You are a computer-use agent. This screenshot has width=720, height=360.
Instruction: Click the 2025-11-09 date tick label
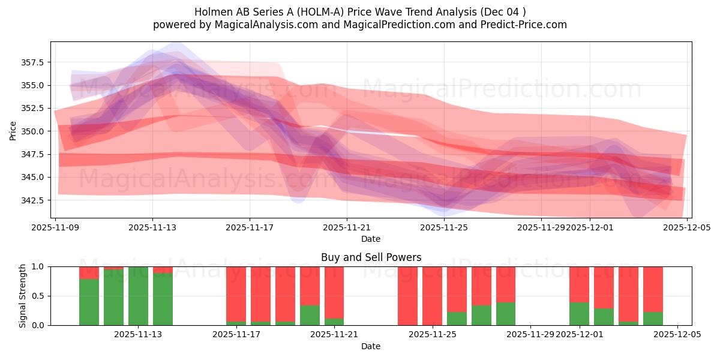[x=55, y=228]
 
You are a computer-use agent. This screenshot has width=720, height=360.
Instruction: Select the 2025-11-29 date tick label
[x=541, y=228]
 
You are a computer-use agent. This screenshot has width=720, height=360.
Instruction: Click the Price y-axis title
[x=13, y=130]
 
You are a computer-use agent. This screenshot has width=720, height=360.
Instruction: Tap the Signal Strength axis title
[x=22, y=296]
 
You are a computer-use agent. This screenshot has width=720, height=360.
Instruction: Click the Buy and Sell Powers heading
[x=371, y=257]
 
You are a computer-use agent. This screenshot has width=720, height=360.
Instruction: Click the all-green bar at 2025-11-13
[x=138, y=296]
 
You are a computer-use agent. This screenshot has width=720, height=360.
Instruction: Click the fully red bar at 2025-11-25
[x=432, y=296]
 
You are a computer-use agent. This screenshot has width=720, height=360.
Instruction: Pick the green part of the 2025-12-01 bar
[x=579, y=314]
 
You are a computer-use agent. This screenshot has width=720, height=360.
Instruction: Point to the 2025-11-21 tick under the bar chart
[x=334, y=335]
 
